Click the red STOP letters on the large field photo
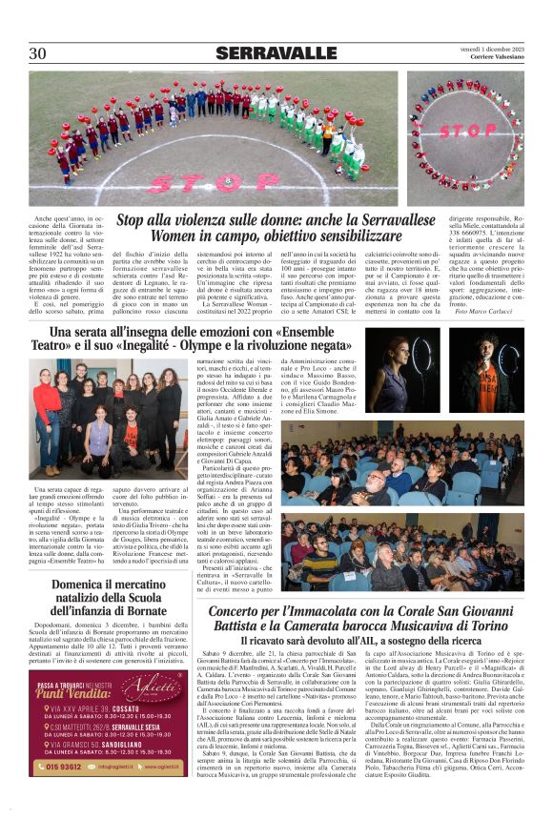pos(214,181)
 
